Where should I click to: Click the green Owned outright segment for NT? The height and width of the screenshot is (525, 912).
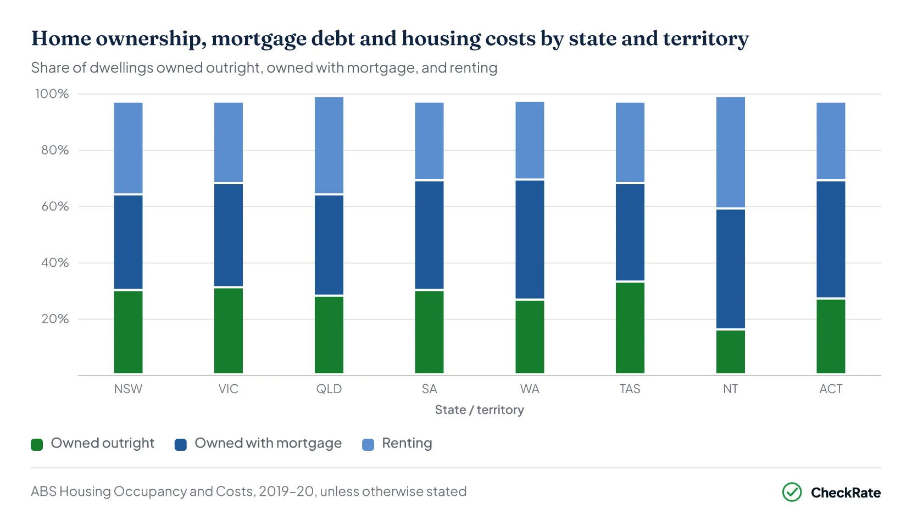730,351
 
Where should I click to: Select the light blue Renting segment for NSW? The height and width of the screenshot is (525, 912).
128,148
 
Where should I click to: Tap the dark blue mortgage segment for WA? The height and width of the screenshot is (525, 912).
530,240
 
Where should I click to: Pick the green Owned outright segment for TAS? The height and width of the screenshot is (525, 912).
630,328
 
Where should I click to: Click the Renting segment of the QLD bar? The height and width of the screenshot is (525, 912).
329,145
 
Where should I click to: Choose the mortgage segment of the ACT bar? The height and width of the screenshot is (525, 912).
831,240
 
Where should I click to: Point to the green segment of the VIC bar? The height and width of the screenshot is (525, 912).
229,331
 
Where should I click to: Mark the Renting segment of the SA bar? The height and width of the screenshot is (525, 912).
429,141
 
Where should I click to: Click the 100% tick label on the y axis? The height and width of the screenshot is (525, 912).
52,94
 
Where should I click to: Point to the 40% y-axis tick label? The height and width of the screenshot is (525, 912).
55,263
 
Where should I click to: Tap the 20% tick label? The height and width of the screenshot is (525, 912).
55,319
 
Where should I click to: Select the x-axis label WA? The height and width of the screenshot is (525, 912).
530,389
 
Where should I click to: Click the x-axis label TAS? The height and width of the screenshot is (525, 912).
630,389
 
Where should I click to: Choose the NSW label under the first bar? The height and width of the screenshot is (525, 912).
128,389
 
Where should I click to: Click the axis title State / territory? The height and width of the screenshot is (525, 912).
479,410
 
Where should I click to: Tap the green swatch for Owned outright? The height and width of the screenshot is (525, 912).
37,444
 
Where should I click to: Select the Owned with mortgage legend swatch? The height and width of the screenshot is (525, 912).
181,444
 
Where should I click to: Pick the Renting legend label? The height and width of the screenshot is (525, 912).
407,443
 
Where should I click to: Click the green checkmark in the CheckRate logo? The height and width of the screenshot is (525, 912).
792,492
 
